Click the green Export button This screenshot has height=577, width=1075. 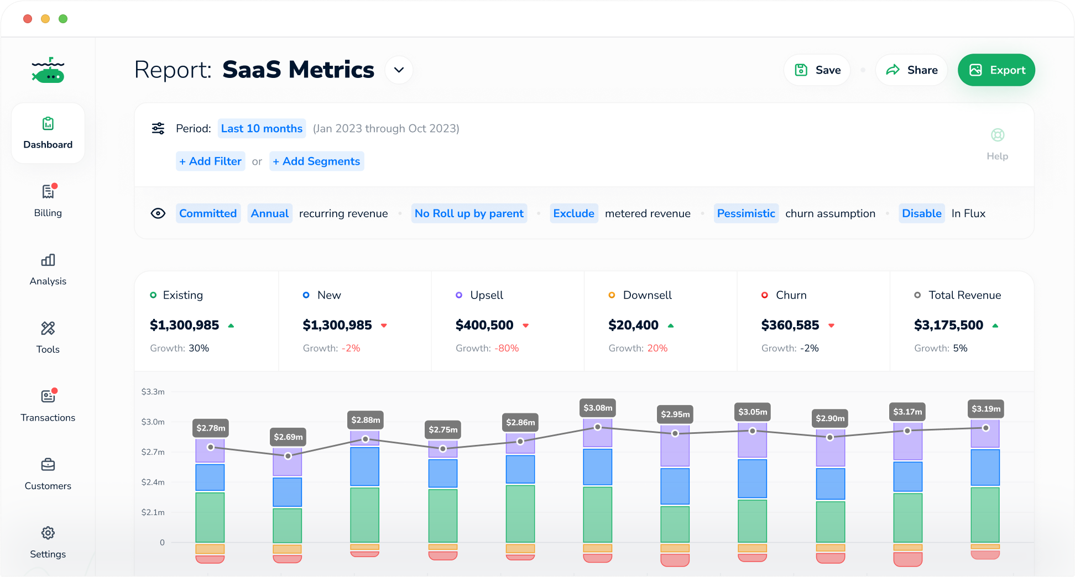coord(996,70)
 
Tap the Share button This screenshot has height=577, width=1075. coord(911,70)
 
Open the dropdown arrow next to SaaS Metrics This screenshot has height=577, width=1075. coord(399,70)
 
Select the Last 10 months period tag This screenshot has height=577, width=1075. coord(262,129)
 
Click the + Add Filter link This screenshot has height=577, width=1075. coord(210,161)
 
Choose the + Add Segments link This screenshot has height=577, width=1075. coord(316,161)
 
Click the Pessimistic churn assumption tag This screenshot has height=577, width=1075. coord(746,213)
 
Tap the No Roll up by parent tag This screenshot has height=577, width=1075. coord(469,213)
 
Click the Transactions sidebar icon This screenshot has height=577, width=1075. coord(48,397)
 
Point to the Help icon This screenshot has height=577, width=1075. coord(997,135)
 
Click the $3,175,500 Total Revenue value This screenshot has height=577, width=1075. coord(948,325)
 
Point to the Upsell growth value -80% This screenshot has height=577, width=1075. coord(507,348)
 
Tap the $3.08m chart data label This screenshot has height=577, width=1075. coord(598,408)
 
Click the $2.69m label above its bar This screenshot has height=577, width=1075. coord(288,437)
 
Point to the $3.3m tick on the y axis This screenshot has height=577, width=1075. coord(153,392)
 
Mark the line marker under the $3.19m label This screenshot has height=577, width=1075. coord(985,428)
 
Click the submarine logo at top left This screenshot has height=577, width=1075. coord(48,71)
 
